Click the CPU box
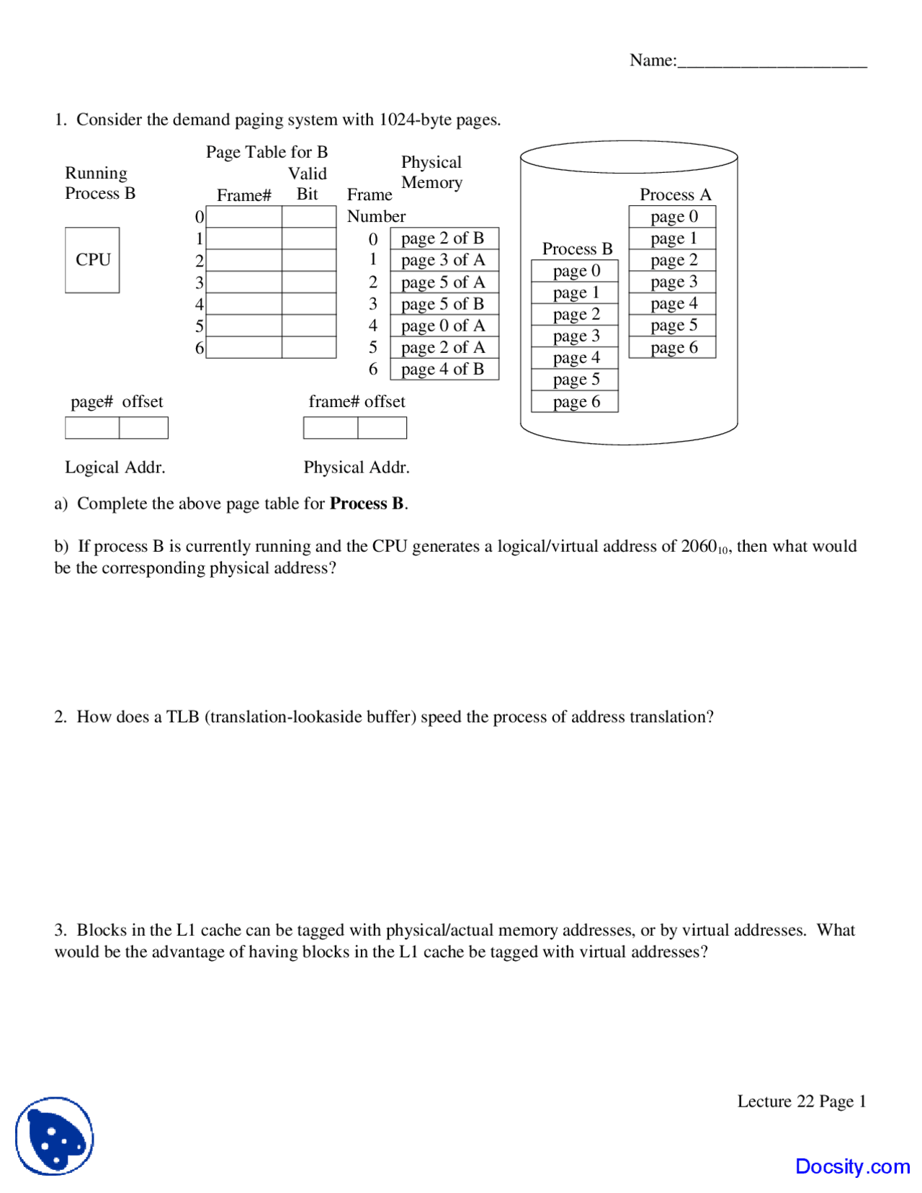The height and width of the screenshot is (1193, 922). point(92,260)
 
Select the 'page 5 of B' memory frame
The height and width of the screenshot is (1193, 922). point(444,304)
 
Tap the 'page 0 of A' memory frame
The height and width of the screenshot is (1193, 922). point(444,326)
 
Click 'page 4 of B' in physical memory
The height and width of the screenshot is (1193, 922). point(444,370)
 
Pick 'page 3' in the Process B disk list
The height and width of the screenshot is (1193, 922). point(575,336)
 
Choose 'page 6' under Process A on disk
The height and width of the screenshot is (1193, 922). point(672,347)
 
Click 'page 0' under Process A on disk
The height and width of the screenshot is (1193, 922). point(672,217)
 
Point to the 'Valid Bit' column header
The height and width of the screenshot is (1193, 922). point(308,184)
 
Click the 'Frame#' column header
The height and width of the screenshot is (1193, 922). point(243,195)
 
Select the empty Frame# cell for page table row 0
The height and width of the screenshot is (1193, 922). point(243,217)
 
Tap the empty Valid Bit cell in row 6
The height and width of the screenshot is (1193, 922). point(309,347)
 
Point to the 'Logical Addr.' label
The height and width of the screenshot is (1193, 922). point(115,468)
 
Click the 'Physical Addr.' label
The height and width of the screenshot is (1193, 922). point(357,468)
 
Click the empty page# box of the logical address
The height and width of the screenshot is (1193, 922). point(92,428)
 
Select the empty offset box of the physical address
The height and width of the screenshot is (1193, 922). point(382,428)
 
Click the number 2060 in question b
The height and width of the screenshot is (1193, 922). point(698,546)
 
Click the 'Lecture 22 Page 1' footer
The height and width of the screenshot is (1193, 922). point(801,1102)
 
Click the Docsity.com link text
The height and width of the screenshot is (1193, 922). point(852,1166)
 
